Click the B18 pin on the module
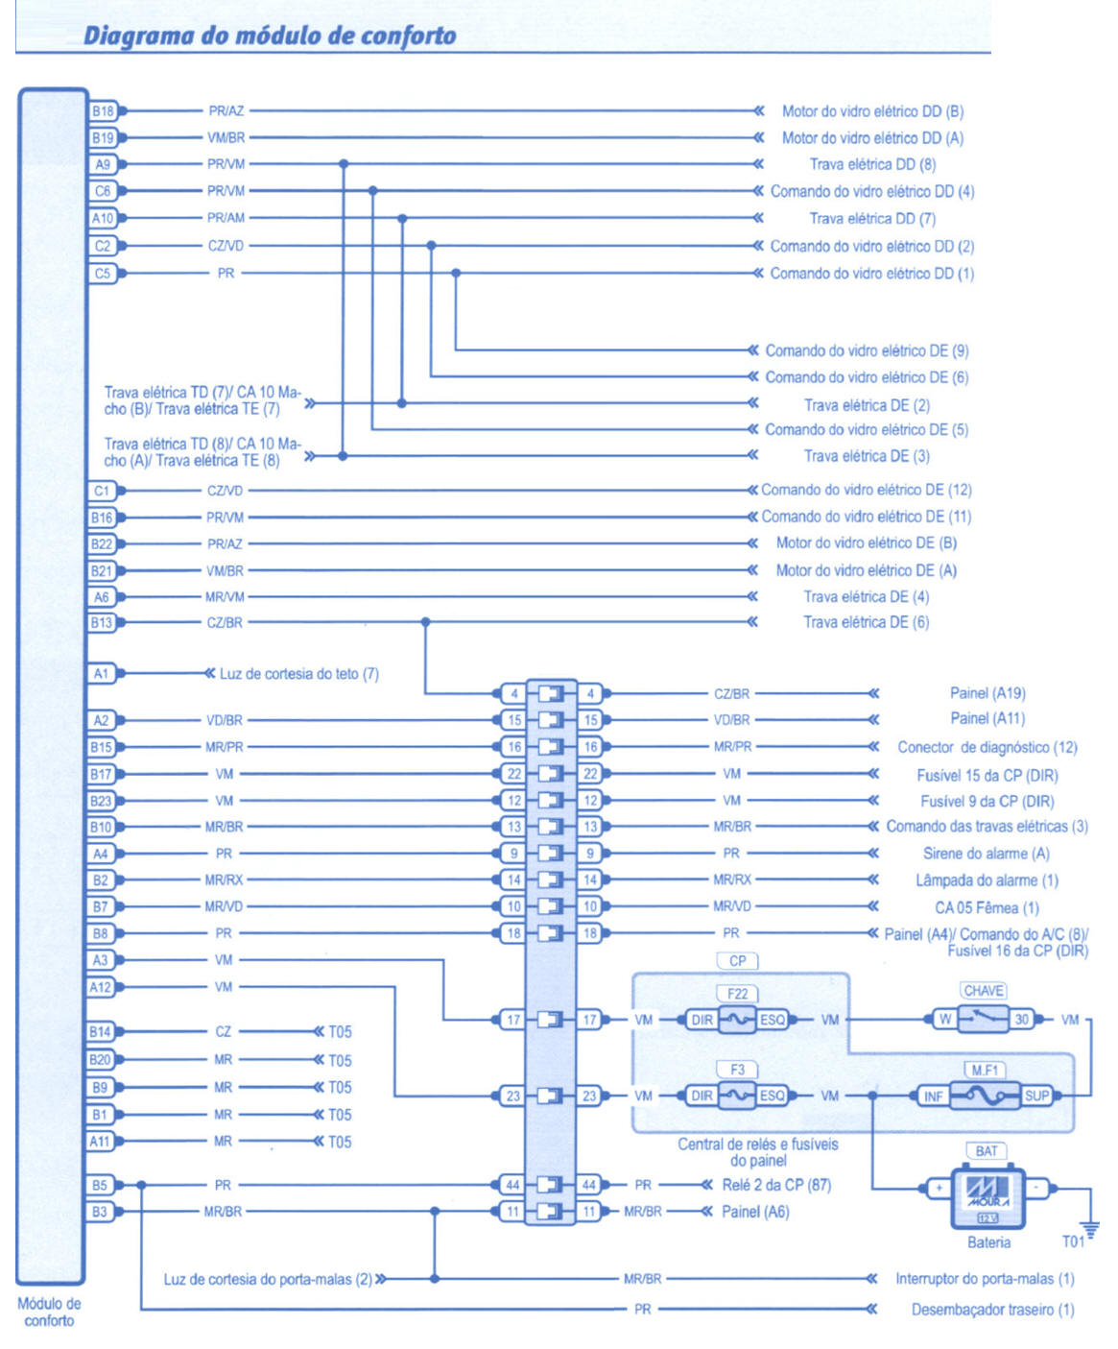(x=103, y=111)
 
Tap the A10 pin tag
(x=103, y=218)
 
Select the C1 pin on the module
(x=102, y=491)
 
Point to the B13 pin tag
(x=102, y=622)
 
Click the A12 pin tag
(x=101, y=987)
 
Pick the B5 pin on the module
(x=100, y=1185)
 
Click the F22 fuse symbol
(x=737, y=1020)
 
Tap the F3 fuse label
(x=737, y=1070)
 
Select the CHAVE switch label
(x=984, y=991)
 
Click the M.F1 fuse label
(x=985, y=1070)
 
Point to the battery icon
(x=987, y=1195)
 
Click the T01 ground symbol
(x=1090, y=1229)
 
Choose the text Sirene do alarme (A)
(x=987, y=854)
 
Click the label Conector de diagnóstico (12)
(x=987, y=747)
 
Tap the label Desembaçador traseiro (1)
(x=992, y=1310)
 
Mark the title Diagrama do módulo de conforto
(x=270, y=36)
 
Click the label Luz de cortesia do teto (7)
(x=298, y=674)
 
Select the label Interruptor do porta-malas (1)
(x=985, y=1279)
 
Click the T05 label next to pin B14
(x=340, y=1032)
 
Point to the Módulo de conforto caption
(x=49, y=1313)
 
